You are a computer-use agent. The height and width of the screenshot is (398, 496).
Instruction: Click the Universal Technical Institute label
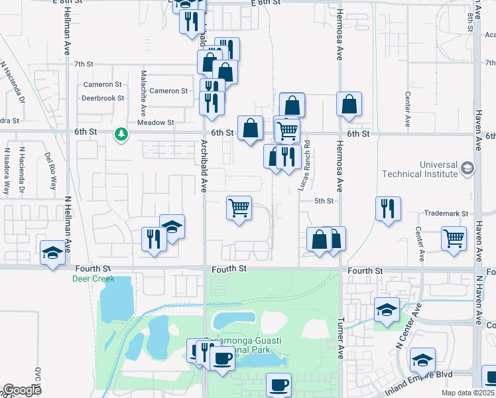tap(420, 169)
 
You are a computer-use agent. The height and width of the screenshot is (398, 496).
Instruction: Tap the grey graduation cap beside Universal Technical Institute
tap(467, 168)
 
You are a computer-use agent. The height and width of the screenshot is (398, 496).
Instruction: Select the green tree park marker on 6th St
tap(121, 135)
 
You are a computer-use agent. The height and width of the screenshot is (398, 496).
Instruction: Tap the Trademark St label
tap(447, 214)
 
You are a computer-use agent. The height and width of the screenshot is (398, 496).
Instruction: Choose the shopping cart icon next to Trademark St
tap(454, 237)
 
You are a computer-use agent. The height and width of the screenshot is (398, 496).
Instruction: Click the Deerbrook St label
tap(103, 98)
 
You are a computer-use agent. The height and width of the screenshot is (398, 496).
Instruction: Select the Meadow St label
tap(155, 123)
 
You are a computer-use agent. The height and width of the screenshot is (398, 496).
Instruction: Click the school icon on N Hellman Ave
tap(52, 253)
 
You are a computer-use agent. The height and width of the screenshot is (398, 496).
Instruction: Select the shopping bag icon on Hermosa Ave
tap(349, 104)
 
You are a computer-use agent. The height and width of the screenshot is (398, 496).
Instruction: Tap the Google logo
tap(22, 390)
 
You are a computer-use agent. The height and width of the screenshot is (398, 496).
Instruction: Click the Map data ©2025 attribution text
tap(468, 393)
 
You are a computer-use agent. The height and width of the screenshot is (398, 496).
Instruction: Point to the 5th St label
tap(322, 200)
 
